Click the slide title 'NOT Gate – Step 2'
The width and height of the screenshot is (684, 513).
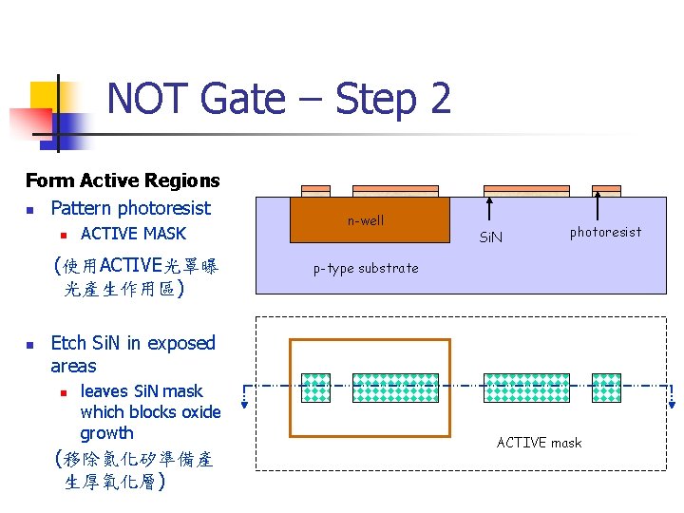point(278,99)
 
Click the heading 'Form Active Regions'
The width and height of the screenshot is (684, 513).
point(123,180)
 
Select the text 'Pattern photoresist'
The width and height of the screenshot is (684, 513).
point(130,208)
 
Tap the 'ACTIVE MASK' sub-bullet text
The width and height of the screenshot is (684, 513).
point(133,234)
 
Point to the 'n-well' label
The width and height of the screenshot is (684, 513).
point(366,220)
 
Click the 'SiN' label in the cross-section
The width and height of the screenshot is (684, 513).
point(490,236)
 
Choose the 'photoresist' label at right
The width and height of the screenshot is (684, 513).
point(605,232)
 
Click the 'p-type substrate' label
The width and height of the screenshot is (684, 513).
point(366,268)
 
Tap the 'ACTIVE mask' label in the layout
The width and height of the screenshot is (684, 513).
point(539,443)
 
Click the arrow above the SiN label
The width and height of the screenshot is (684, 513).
point(490,210)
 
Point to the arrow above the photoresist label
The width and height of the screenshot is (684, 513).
point(598,205)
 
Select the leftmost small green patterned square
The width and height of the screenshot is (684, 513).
point(315,388)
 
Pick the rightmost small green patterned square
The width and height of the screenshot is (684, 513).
point(606,388)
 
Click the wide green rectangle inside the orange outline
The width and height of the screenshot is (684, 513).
point(396,388)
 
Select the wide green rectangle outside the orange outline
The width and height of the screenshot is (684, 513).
point(528,388)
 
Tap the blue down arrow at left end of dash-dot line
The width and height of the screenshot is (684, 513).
point(244,398)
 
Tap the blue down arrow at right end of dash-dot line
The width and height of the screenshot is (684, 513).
point(673,398)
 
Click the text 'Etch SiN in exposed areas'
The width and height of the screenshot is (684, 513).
point(132,354)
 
